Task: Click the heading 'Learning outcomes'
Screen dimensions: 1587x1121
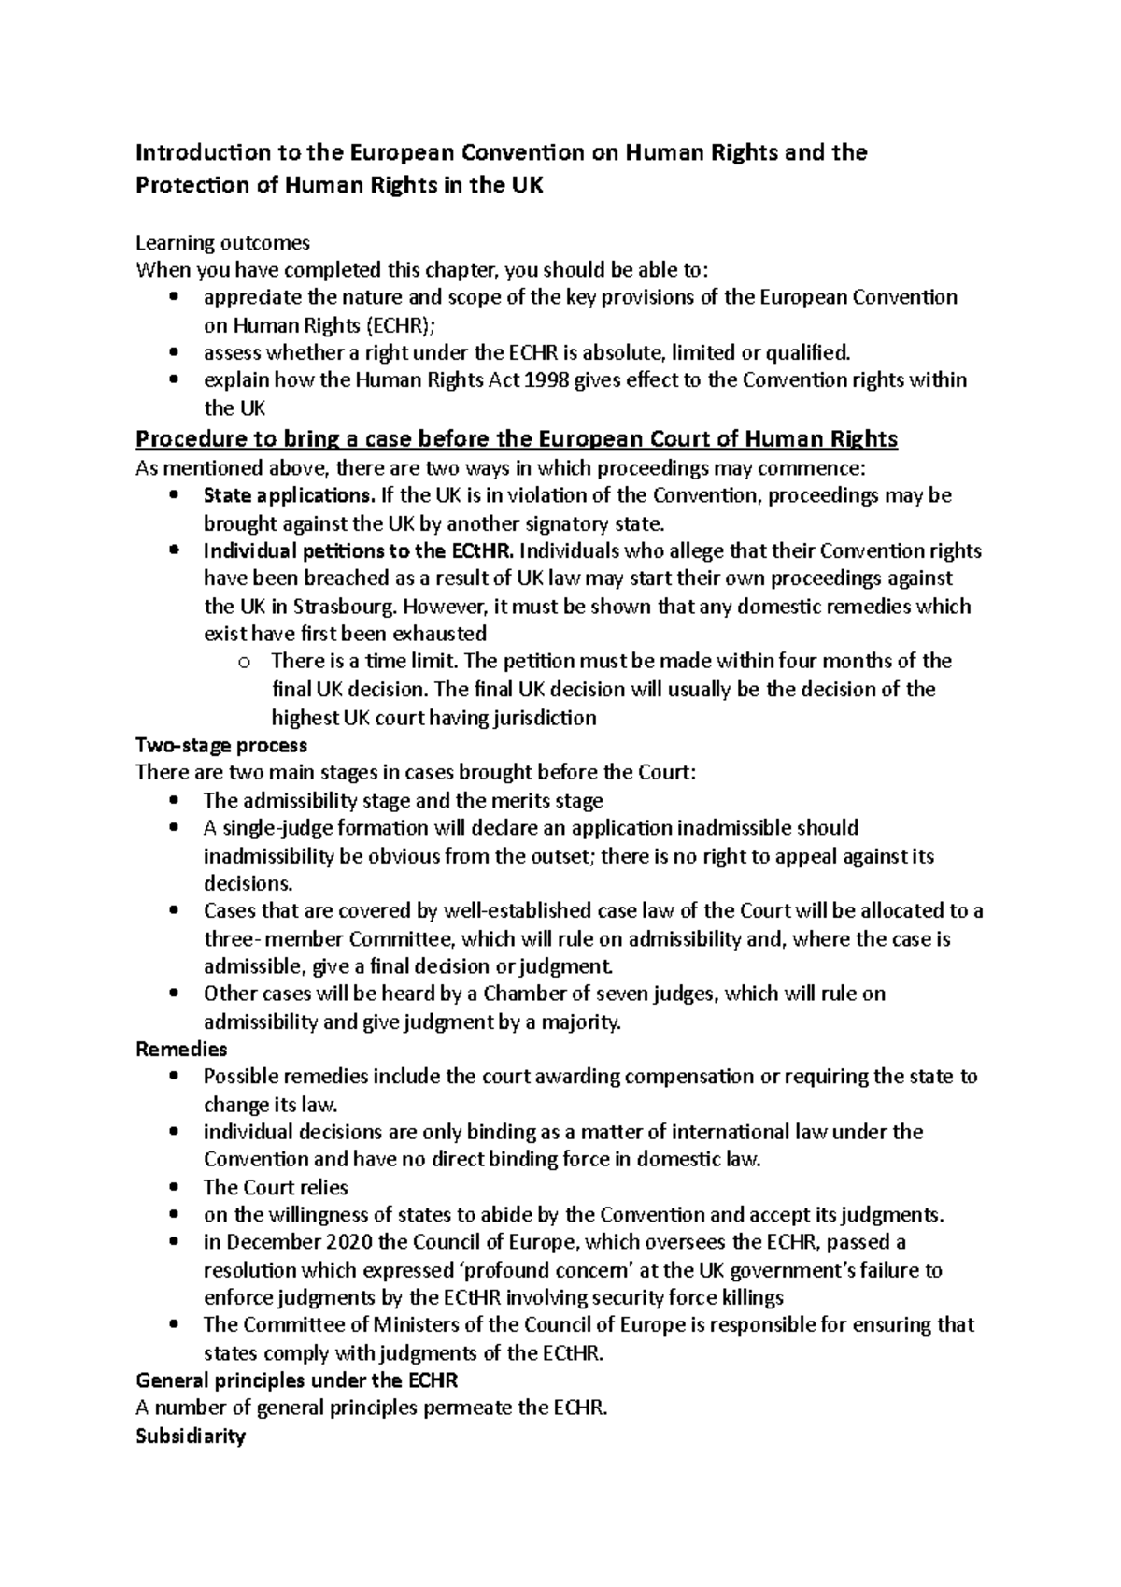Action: (x=222, y=243)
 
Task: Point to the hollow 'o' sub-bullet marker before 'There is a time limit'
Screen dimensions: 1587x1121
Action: (x=244, y=663)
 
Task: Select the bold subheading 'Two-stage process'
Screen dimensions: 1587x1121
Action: (x=221, y=746)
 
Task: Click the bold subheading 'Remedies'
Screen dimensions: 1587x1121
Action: (x=181, y=1050)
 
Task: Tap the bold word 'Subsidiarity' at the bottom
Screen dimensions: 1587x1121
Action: (x=191, y=1437)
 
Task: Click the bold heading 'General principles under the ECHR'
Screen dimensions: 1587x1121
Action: (x=297, y=1380)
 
